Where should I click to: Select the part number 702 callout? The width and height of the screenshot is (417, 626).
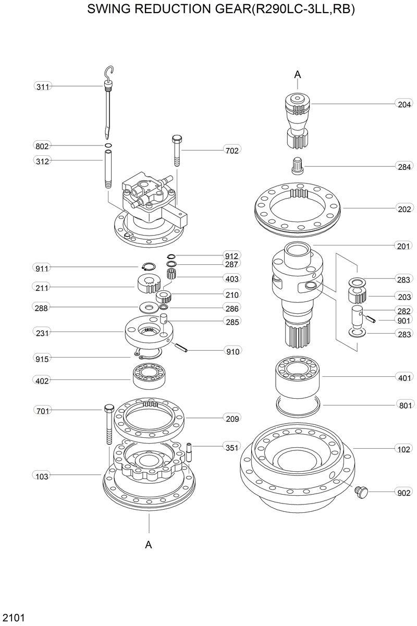[232, 151]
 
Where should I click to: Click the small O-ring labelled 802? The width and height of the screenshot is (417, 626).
[108, 145]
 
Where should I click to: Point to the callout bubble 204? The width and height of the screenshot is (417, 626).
[404, 105]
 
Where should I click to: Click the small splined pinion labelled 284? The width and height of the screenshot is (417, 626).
[298, 165]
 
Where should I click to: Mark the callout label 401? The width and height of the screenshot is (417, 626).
[404, 377]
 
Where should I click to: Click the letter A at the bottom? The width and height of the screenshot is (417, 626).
[149, 545]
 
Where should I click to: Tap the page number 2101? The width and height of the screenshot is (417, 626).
[14, 618]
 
